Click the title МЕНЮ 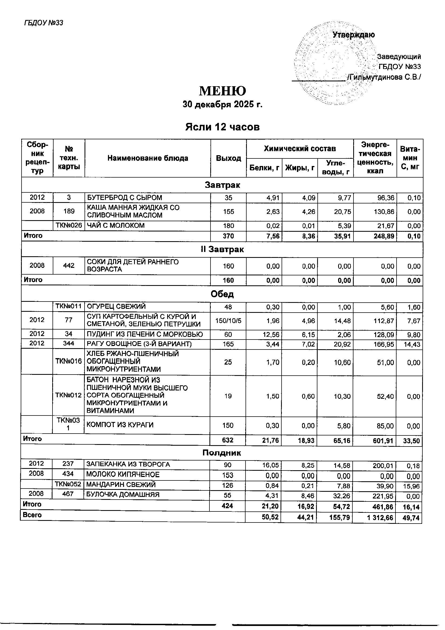click(x=222, y=91)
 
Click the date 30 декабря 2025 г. click(x=222, y=105)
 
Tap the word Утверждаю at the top click(x=354, y=35)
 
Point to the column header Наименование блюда click(x=148, y=158)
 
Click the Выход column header click(x=228, y=158)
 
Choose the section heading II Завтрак click(x=222, y=250)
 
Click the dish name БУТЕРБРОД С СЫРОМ click(x=124, y=198)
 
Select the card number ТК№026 click(x=69, y=226)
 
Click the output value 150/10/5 click(x=228, y=320)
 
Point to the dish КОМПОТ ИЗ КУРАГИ click(x=120, y=425)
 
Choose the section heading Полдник click(x=222, y=453)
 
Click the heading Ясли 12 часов click(x=222, y=127)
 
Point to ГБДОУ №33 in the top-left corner click(x=44, y=23)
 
